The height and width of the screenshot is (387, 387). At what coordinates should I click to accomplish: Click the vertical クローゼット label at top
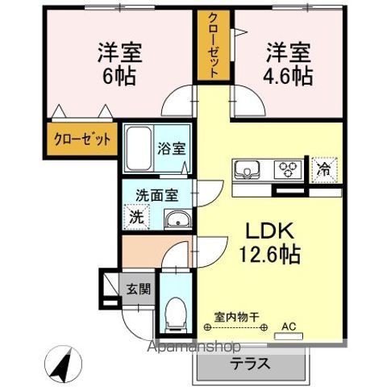(x=214, y=45)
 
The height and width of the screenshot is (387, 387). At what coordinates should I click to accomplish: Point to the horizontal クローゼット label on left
(x=83, y=138)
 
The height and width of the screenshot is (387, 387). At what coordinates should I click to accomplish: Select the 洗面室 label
(x=156, y=194)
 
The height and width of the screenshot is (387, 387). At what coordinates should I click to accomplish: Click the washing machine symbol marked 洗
(x=137, y=215)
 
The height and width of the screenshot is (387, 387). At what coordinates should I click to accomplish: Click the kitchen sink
(x=247, y=170)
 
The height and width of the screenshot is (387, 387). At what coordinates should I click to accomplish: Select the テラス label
(x=251, y=364)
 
